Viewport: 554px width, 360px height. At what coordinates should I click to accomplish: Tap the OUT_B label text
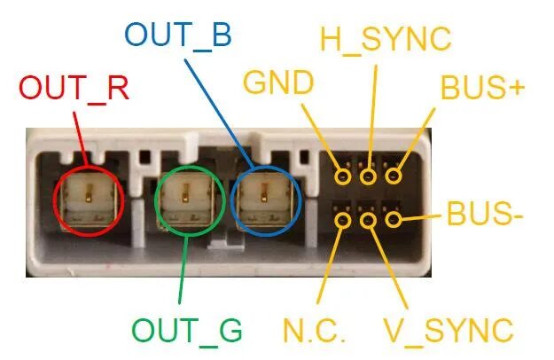[177, 34]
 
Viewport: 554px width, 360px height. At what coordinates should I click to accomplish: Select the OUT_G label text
[187, 329]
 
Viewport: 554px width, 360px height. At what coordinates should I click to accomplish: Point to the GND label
[278, 82]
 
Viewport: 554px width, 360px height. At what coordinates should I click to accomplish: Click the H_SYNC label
[386, 38]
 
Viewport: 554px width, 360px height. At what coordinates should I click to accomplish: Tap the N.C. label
[314, 329]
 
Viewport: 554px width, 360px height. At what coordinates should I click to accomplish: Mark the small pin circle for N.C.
[343, 219]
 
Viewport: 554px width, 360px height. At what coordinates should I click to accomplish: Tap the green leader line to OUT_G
[181, 275]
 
